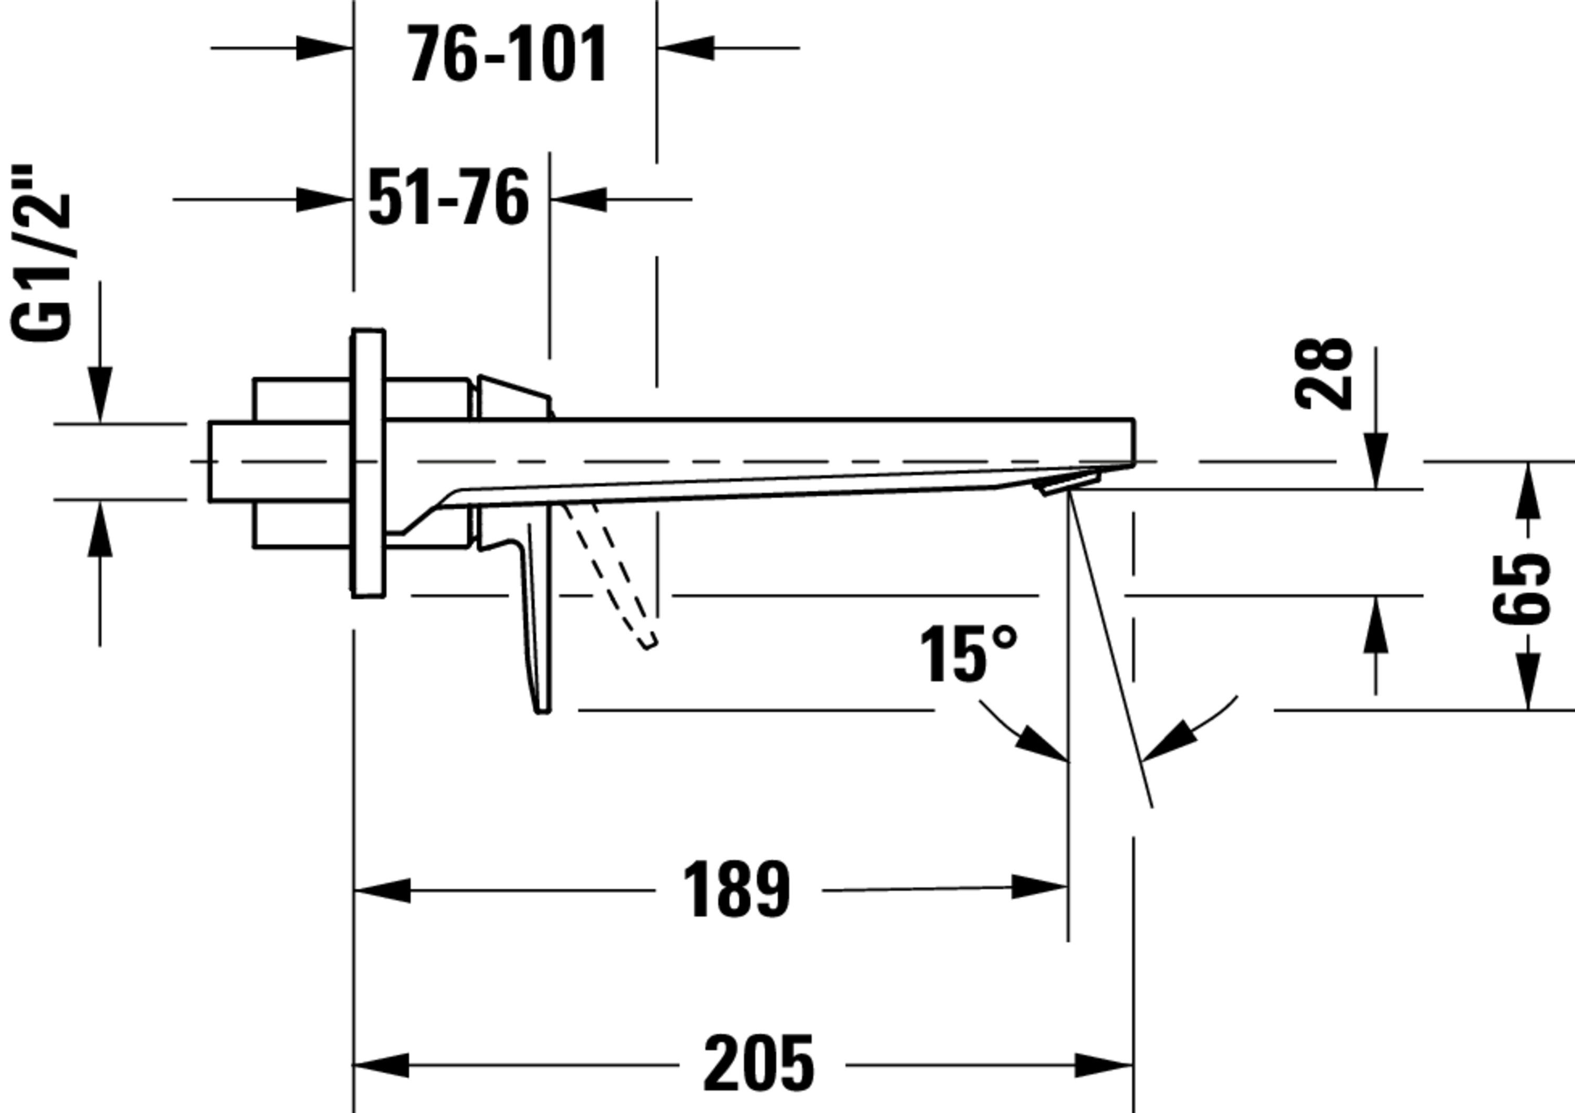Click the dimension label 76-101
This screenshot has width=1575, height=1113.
508,54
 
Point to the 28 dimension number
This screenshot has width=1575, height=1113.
1325,374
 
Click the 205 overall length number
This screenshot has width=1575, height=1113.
759,1065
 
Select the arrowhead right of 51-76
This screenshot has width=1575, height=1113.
579,199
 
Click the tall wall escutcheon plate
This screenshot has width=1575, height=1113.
369,463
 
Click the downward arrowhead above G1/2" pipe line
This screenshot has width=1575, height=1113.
100,394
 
